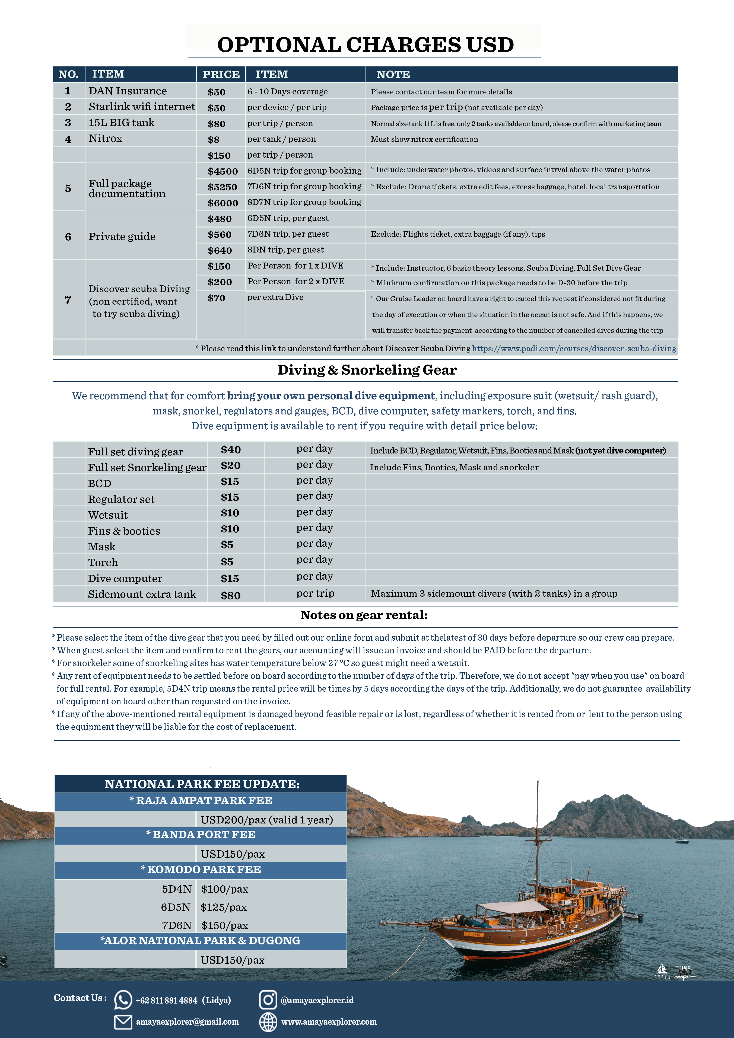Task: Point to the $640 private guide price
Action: pyautogui.click(x=220, y=250)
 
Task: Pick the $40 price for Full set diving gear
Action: pyautogui.click(x=231, y=450)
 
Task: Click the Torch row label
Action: pyautogui.click(x=103, y=563)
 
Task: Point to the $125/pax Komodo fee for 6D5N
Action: pyautogui.click(x=224, y=907)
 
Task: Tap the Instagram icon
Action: pyautogui.click(x=268, y=999)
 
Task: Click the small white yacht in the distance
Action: pyautogui.click(x=681, y=841)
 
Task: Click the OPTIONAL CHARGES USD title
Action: pyautogui.click(x=366, y=45)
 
